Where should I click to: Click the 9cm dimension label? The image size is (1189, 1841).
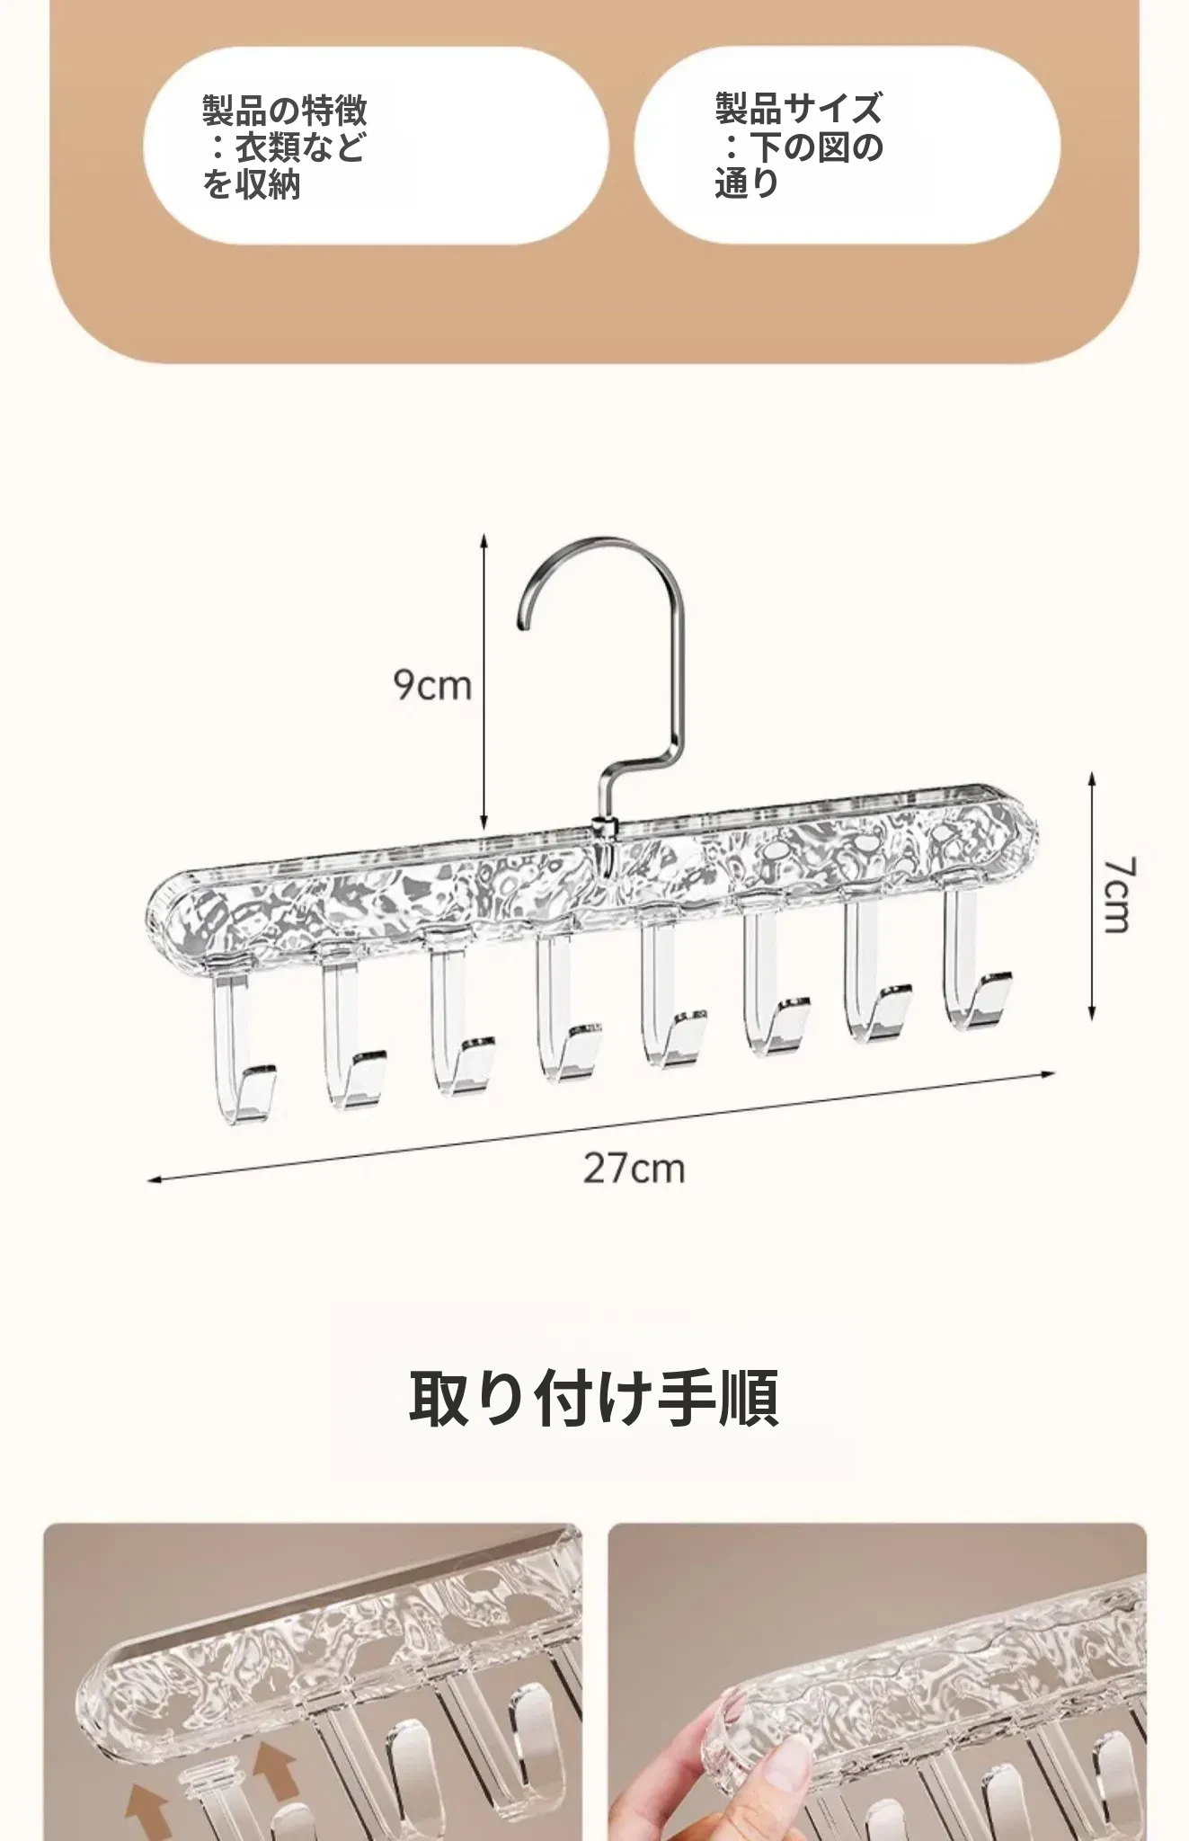pyautogui.click(x=432, y=685)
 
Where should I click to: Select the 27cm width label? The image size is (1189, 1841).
pyautogui.click(x=634, y=1168)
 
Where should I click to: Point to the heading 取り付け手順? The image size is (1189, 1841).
pyautogui.click(x=594, y=1398)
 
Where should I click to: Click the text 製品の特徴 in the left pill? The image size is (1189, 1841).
pyautogui.click(x=285, y=111)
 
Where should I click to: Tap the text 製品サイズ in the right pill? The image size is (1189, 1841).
pyautogui.click(x=799, y=109)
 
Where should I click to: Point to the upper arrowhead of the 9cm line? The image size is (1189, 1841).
pyautogui.click(x=484, y=539)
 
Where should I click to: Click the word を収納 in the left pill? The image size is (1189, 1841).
pyautogui.click(x=251, y=184)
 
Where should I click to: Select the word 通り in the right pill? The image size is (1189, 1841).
pyautogui.click(x=747, y=182)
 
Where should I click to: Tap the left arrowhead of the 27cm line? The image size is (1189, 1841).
pyautogui.click(x=155, y=1178)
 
